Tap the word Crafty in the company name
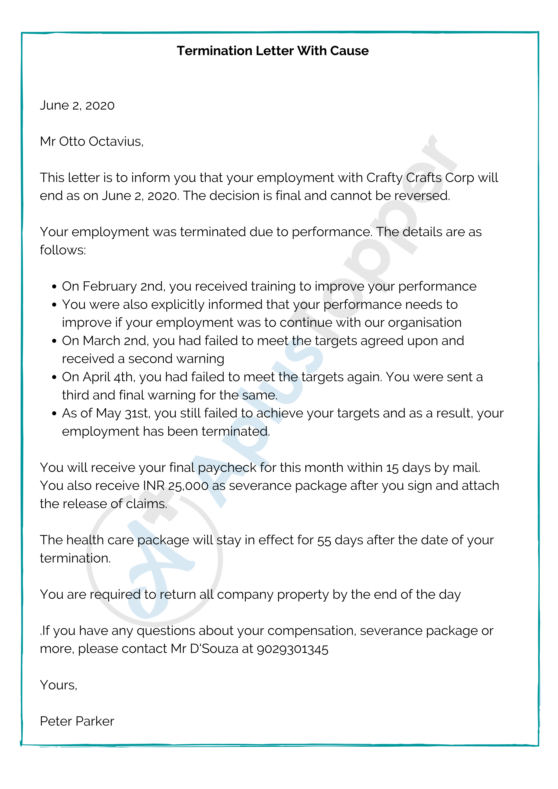(384, 178)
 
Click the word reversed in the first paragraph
(422, 196)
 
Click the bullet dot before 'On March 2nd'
(54, 341)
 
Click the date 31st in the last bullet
(137, 413)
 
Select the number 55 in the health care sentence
(324, 540)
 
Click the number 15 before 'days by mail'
(392, 468)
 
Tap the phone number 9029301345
(292, 649)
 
